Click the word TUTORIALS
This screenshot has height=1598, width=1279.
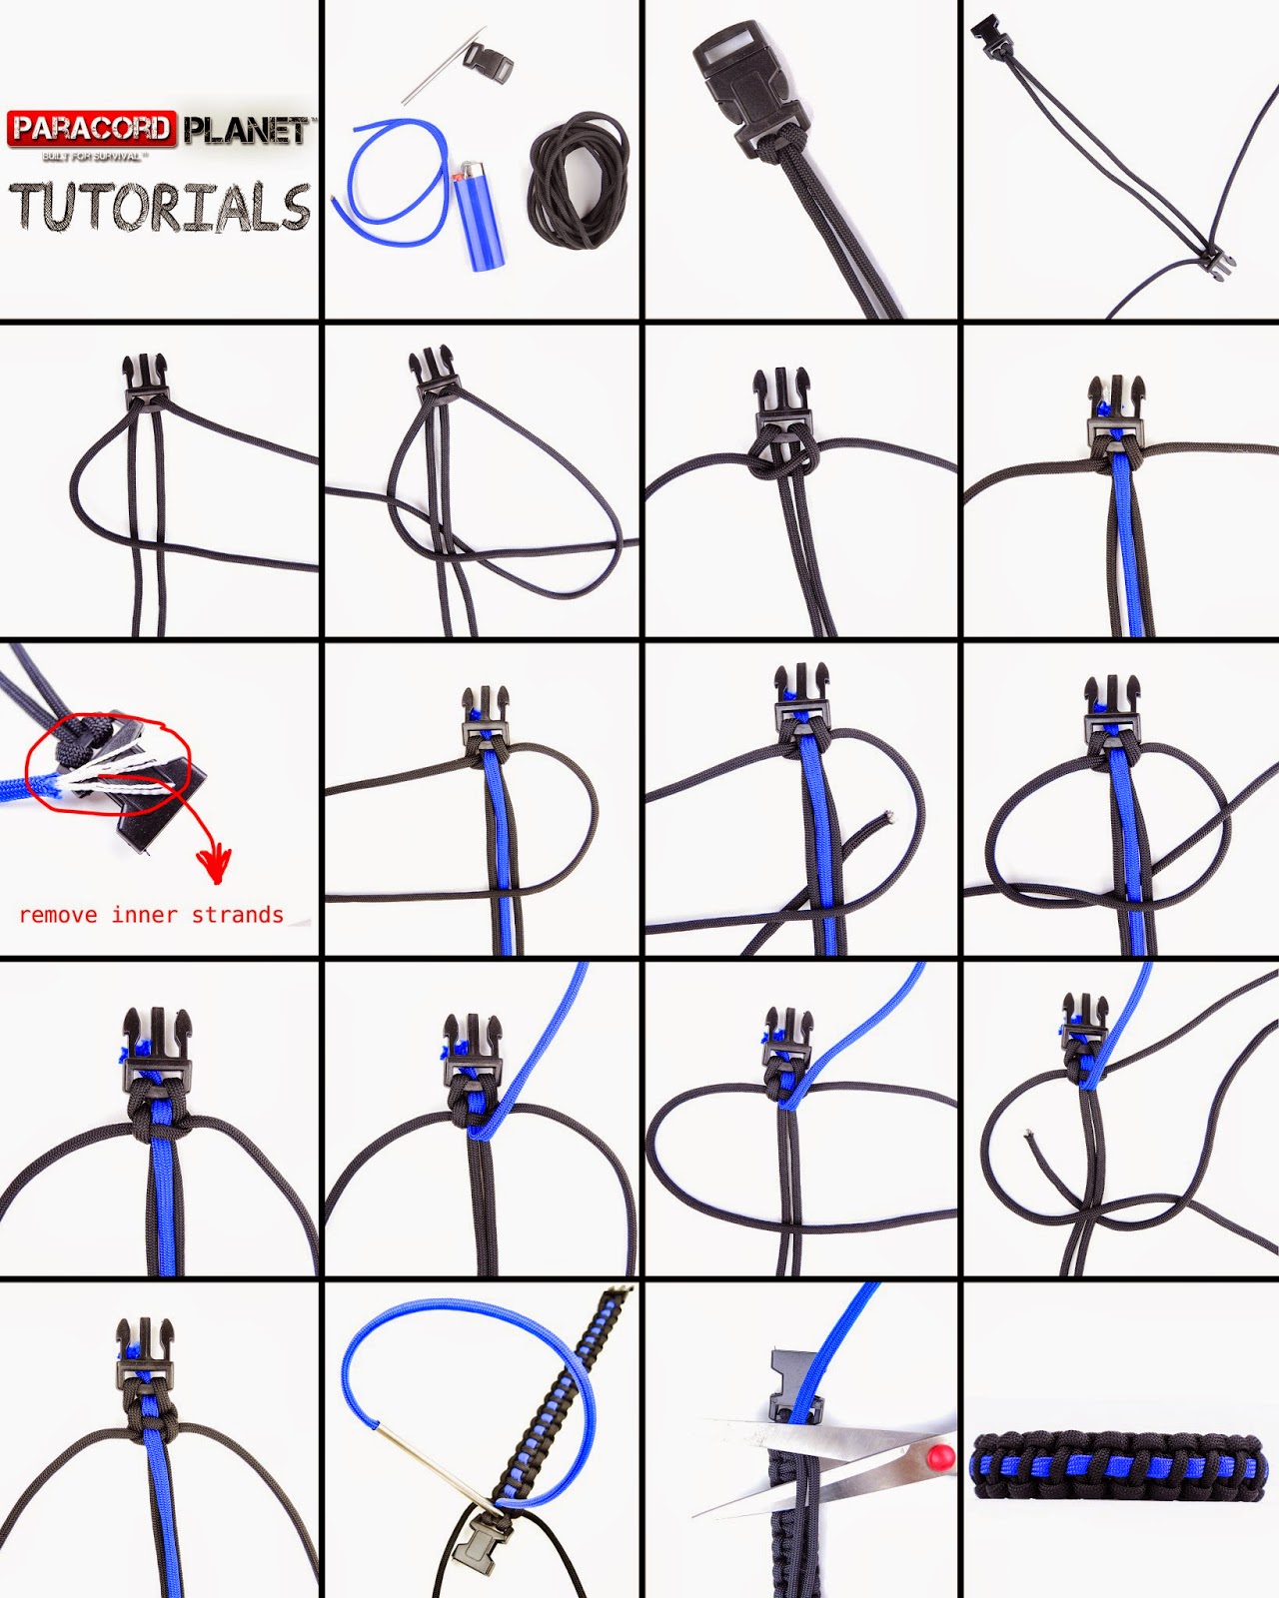point(160,208)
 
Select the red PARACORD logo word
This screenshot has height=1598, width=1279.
point(92,129)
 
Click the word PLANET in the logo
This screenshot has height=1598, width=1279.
point(246,131)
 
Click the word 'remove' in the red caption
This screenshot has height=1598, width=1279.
point(58,915)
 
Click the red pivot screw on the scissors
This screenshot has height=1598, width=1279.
point(938,1455)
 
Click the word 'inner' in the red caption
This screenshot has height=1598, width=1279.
point(144,915)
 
